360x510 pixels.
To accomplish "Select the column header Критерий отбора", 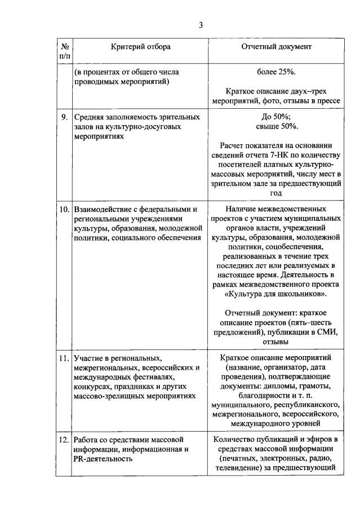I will (140, 47).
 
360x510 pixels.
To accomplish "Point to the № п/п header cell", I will (65, 51).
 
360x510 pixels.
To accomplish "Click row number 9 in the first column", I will (65, 117).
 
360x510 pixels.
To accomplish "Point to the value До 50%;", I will (276, 117).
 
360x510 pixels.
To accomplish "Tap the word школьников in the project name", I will (302, 294).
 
